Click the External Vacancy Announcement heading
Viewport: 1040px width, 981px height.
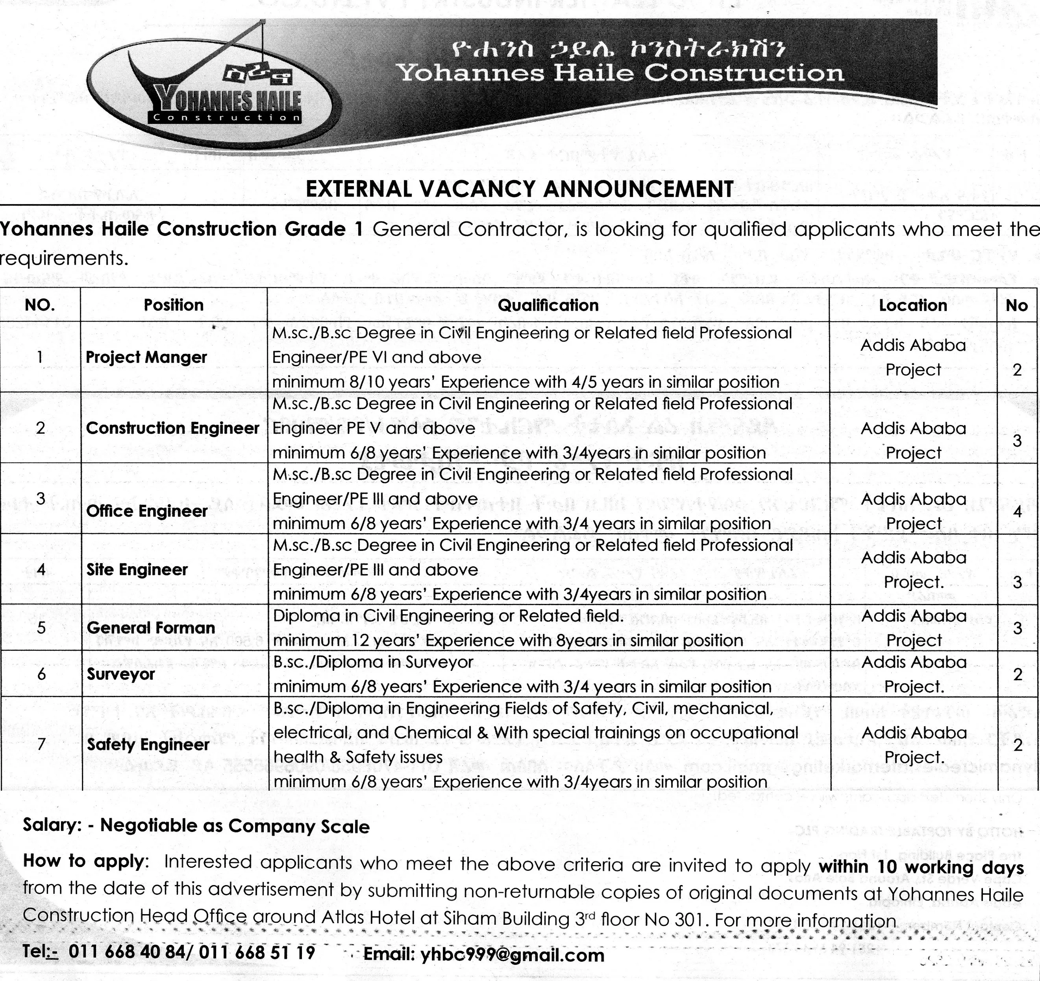[519, 189]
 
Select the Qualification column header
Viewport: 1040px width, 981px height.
[548, 305]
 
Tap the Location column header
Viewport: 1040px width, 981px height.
[913, 305]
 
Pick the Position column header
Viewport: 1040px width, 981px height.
[173, 305]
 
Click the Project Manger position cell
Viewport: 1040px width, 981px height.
[146, 357]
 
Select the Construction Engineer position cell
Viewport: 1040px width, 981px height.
[173, 428]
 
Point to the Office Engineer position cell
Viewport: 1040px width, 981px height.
[147, 510]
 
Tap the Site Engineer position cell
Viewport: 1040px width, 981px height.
[137, 569]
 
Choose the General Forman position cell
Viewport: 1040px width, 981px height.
[151, 628]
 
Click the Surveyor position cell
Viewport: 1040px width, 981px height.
[121, 674]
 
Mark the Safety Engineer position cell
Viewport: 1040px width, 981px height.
[148, 744]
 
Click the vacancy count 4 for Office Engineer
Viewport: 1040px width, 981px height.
[1017, 511]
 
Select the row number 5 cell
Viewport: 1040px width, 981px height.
[41, 628]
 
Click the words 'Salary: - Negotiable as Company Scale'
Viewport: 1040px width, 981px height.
[196, 826]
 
